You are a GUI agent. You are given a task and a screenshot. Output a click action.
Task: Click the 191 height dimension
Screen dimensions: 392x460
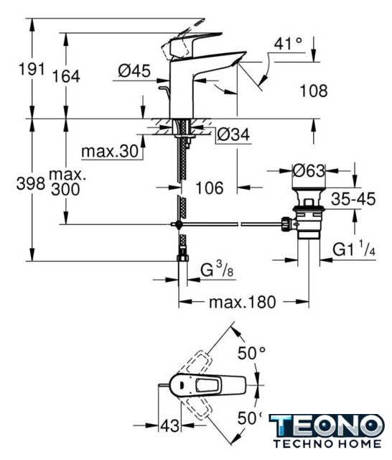click(32, 69)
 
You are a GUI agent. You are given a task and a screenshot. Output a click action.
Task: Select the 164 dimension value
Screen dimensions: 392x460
click(66, 76)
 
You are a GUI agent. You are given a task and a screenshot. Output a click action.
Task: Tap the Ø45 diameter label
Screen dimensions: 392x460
click(134, 70)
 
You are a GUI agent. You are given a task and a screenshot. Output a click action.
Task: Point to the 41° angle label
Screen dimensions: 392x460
click(288, 44)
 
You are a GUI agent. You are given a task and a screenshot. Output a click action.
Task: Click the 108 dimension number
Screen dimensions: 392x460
click(314, 91)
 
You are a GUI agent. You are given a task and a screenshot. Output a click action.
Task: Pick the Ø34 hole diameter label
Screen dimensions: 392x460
click(233, 134)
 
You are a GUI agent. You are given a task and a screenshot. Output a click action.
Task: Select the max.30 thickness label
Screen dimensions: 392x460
click(110, 152)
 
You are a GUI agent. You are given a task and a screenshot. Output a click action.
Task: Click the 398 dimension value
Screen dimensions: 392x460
click(30, 184)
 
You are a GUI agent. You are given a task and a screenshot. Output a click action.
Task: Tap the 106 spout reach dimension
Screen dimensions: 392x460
click(209, 188)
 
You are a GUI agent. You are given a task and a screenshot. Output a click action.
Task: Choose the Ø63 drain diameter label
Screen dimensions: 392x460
click(309, 170)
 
